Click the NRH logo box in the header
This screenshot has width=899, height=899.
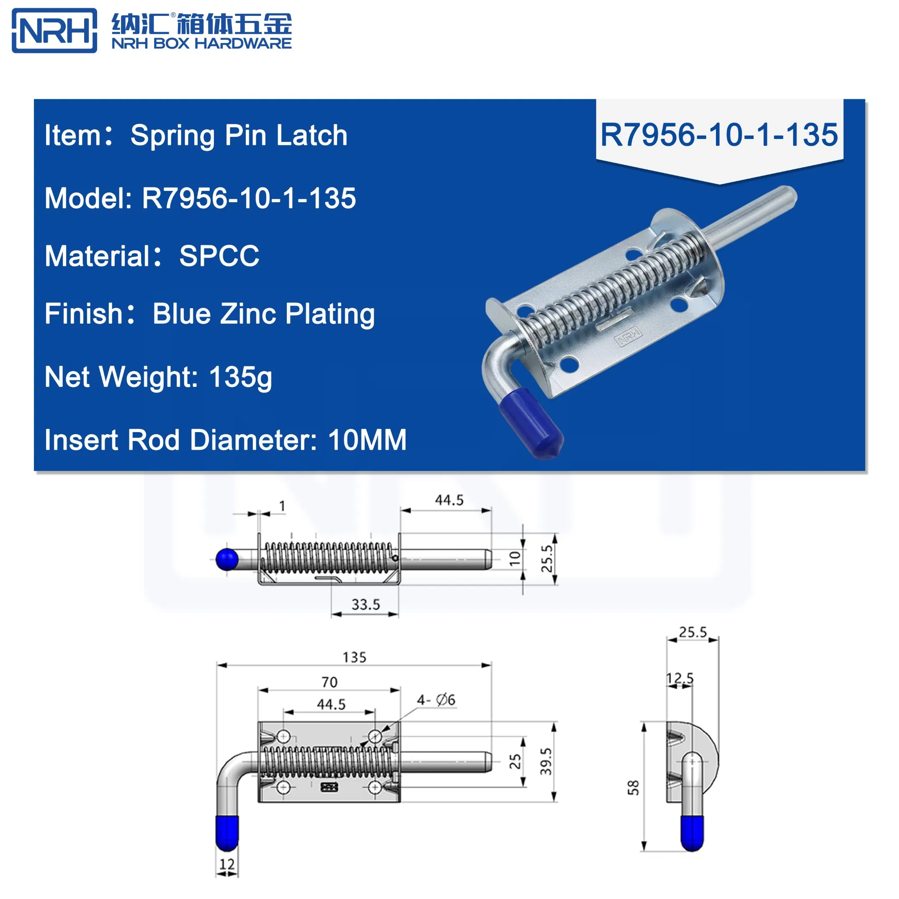point(54,31)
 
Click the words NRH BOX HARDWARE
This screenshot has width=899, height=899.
point(201,43)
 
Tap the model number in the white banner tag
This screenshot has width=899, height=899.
point(719,135)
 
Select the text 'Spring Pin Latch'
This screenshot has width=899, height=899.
point(239,135)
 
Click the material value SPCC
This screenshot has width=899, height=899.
point(219,256)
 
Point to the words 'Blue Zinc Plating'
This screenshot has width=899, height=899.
point(263,314)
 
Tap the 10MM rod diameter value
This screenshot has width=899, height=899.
point(367,440)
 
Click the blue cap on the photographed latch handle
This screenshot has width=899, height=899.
point(531,423)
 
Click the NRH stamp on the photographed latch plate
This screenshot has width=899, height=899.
point(628,336)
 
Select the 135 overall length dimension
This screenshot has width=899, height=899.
point(354,657)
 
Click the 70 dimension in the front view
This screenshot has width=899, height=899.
point(329,682)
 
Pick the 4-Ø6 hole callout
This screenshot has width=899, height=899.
point(435,700)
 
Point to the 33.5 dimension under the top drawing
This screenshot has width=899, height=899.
point(365,605)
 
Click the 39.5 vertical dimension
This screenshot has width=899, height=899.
point(546,761)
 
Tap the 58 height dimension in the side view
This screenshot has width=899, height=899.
point(633,788)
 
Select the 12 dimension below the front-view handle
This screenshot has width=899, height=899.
point(227,864)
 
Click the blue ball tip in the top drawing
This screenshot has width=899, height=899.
point(227,559)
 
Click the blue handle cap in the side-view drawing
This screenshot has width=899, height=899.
point(692,832)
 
